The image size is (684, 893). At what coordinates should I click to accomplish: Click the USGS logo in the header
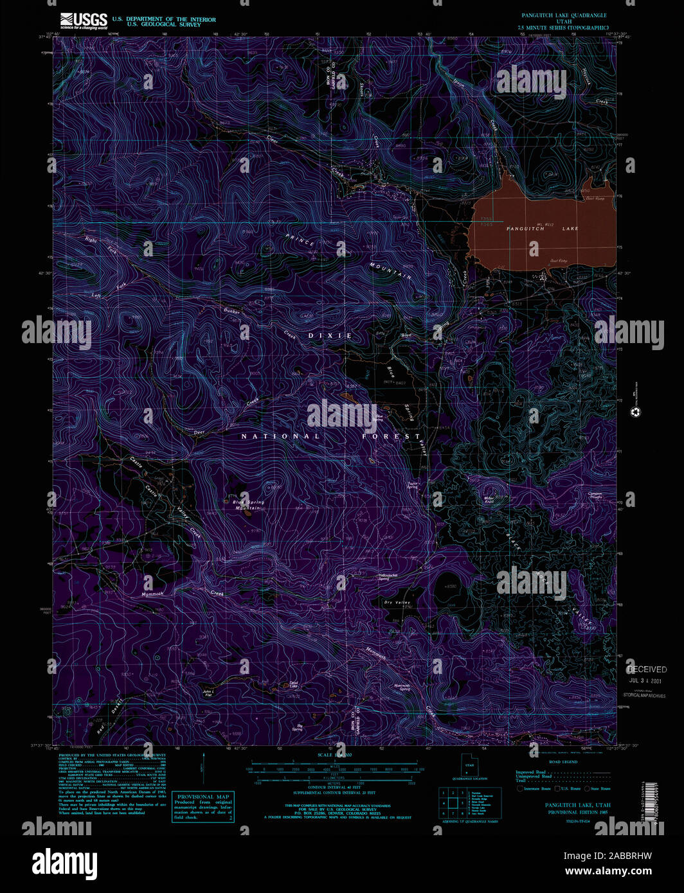point(84,21)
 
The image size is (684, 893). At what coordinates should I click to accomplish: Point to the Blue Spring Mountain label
point(248,505)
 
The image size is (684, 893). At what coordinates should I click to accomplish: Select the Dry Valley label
point(397,603)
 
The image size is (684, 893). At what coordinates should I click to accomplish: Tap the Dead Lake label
point(294,685)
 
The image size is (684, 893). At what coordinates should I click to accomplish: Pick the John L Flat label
point(208,693)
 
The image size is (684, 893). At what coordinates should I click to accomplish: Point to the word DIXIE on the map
point(330,336)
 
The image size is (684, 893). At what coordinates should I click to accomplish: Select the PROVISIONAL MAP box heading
point(203,797)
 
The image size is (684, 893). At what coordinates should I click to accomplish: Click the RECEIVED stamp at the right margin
point(647,669)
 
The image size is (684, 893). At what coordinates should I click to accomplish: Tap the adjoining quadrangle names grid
point(453,802)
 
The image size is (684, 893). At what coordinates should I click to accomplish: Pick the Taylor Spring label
point(412,485)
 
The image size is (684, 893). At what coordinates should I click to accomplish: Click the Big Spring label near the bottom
point(297,727)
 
